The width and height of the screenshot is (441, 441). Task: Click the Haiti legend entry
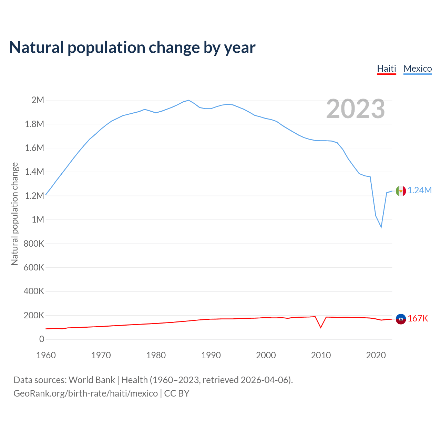point(387,69)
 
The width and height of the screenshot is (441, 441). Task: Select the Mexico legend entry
point(418,69)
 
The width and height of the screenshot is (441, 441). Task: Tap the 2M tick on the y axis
point(38,100)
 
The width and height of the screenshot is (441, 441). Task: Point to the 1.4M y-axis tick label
point(34,172)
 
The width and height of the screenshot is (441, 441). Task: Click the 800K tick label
point(34,244)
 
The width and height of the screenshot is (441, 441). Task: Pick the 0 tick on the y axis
point(42,339)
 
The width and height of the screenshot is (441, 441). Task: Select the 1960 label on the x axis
point(46,355)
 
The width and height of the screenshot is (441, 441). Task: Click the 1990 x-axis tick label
point(211,355)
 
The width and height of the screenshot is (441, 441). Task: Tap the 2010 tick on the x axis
point(321,355)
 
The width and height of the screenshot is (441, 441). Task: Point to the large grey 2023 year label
point(355,109)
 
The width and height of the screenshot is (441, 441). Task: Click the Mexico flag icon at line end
point(401,191)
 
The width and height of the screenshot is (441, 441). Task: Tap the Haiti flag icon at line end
point(401,319)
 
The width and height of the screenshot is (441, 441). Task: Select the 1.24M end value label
point(420,191)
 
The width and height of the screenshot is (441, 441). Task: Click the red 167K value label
point(418,319)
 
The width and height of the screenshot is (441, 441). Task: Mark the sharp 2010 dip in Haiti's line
point(321,327)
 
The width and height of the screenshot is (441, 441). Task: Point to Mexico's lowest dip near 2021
point(381,227)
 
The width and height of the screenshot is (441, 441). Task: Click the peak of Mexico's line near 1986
point(188,100)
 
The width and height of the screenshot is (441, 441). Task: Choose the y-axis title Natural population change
point(14,214)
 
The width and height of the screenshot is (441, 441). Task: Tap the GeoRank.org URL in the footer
point(85,393)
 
